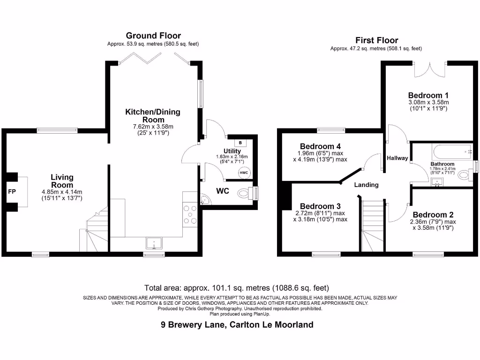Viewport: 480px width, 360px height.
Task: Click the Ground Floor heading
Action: click(153, 36)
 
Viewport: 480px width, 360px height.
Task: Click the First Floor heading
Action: click(376, 40)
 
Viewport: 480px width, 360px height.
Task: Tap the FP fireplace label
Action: click(12, 192)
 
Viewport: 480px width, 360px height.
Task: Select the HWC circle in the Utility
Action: click(244, 172)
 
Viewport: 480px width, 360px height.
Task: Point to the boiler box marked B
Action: click(241, 142)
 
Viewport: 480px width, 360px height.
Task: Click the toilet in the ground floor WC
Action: click(245, 193)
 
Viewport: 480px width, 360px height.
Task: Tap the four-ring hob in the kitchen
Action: click(191, 214)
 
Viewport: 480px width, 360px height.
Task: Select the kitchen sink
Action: click(154, 243)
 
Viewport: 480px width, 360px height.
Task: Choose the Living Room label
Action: click(62, 181)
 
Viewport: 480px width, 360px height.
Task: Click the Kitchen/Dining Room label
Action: click(152, 116)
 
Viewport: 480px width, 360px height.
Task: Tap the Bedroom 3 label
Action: click(320, 206)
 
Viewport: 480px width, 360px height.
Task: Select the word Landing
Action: click(366, 185)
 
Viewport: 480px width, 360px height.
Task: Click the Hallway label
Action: click(397, 158)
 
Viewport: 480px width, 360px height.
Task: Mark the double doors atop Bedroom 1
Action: click(429, 70)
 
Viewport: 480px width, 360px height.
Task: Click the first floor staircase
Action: click(374, 225)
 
